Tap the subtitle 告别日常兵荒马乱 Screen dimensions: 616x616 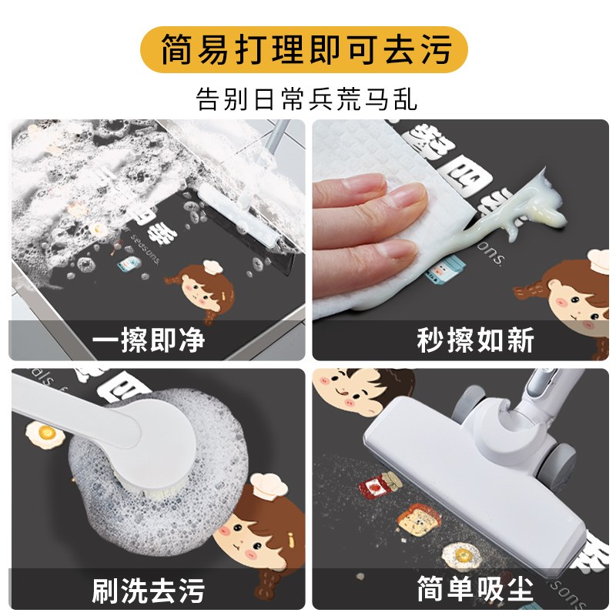(x=307, y=99)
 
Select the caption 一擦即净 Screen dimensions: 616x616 (x=152, y=340)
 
